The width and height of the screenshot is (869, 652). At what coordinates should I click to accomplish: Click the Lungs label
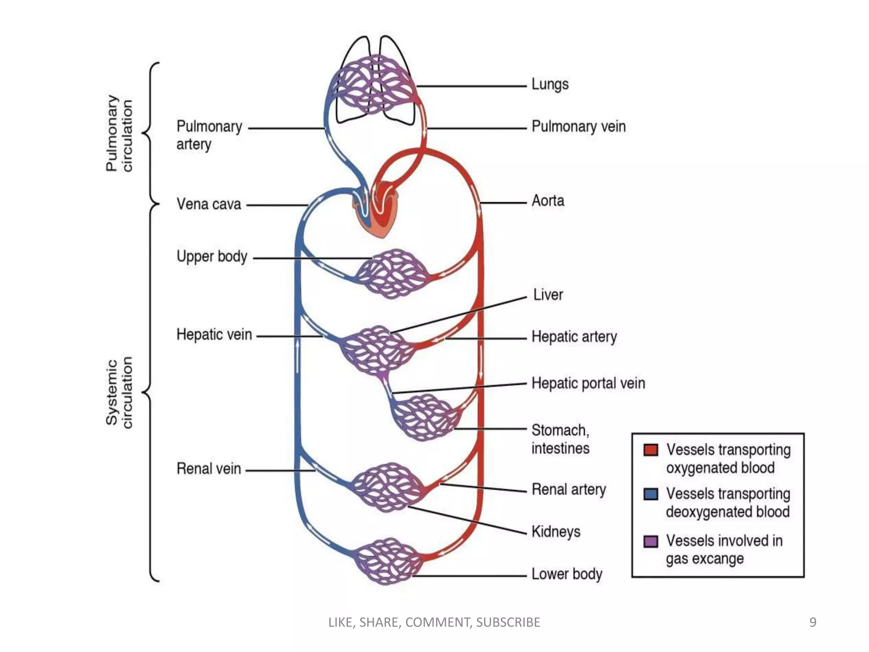550,84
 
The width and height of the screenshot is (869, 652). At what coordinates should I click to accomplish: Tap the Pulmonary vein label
578,126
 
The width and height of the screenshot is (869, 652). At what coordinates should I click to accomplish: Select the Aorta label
548,200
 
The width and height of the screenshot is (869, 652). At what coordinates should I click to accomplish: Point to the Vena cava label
209,204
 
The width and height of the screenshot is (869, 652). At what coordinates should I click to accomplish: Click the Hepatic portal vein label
588,383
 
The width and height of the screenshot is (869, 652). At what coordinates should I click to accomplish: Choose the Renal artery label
569,489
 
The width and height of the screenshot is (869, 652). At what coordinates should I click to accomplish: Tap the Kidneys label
556,531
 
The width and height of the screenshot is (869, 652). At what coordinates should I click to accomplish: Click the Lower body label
567,574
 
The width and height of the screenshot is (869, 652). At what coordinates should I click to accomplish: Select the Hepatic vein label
214,334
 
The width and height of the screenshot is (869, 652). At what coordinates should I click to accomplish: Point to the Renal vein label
209,469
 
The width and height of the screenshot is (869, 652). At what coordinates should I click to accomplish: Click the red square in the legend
651,450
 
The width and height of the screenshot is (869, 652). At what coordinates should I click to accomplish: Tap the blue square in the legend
651,494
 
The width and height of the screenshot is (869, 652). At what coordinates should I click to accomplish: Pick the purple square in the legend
651,541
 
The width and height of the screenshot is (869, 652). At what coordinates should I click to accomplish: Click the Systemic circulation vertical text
119,393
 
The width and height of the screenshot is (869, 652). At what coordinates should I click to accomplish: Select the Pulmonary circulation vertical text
119,133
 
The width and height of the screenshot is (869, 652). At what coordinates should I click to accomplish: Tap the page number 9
813,622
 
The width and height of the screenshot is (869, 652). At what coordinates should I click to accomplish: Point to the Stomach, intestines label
560,439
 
